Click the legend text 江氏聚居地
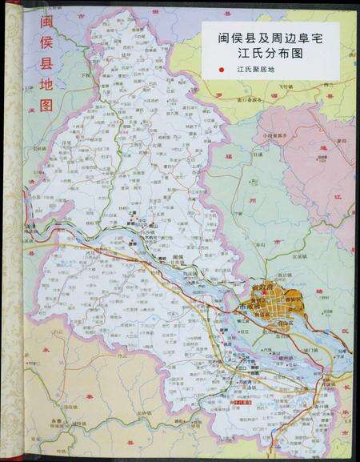click(255, 70)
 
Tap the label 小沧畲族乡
click(273, 135)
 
